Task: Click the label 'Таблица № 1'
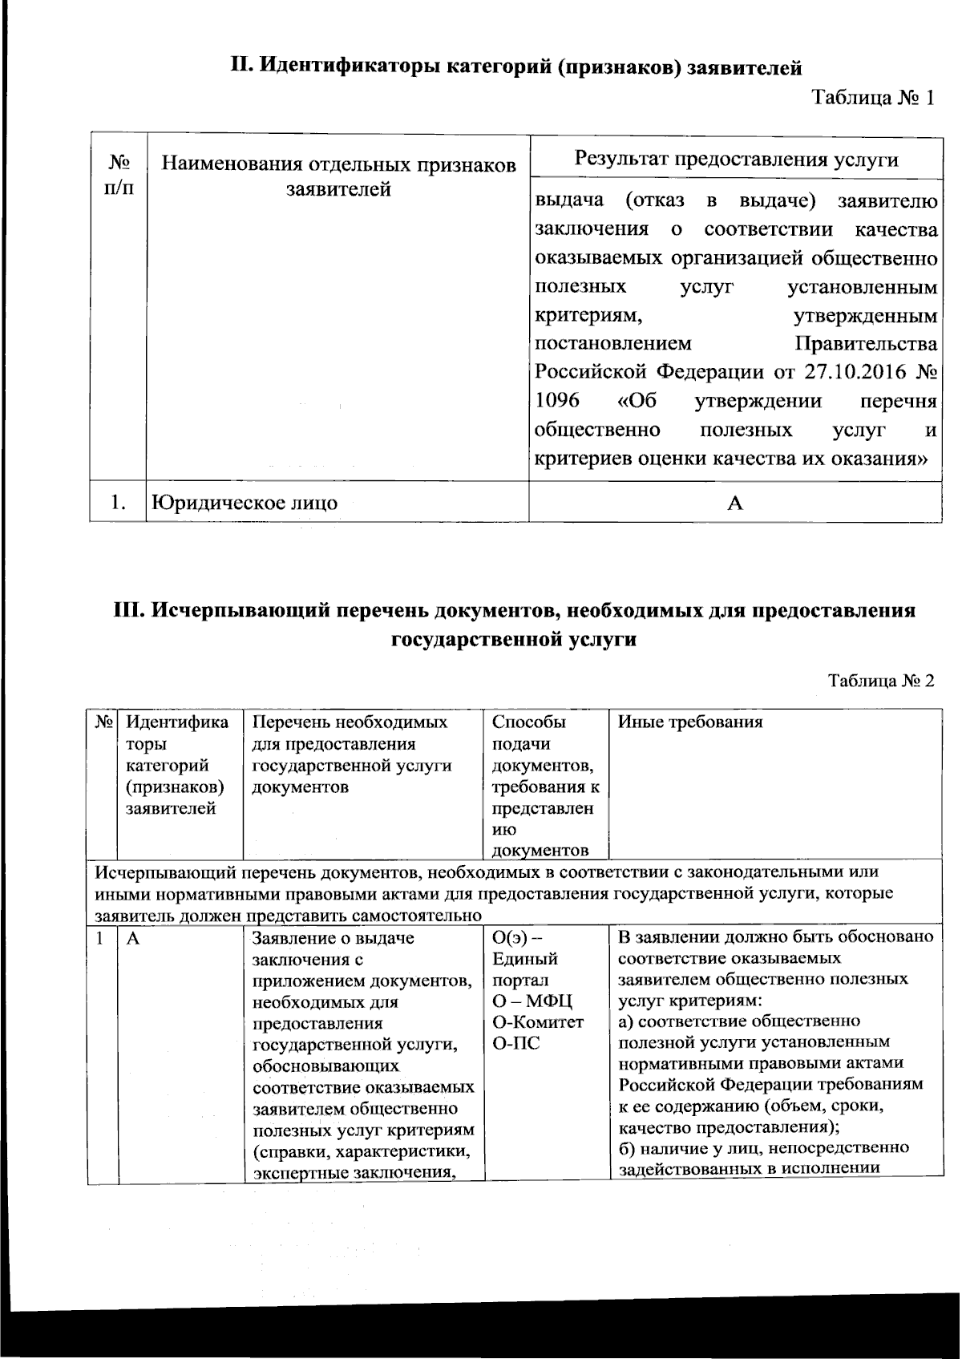click(x=874, y=99)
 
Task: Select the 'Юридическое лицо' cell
click(x=245, y=503)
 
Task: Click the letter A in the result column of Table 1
click(x=734, y=503)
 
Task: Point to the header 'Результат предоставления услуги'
click(x=735, y=158)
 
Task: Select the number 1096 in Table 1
click(x=557, y=401)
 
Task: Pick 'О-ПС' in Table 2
click(x=515, y=1043)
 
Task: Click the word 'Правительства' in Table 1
click(x=865, y=344)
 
